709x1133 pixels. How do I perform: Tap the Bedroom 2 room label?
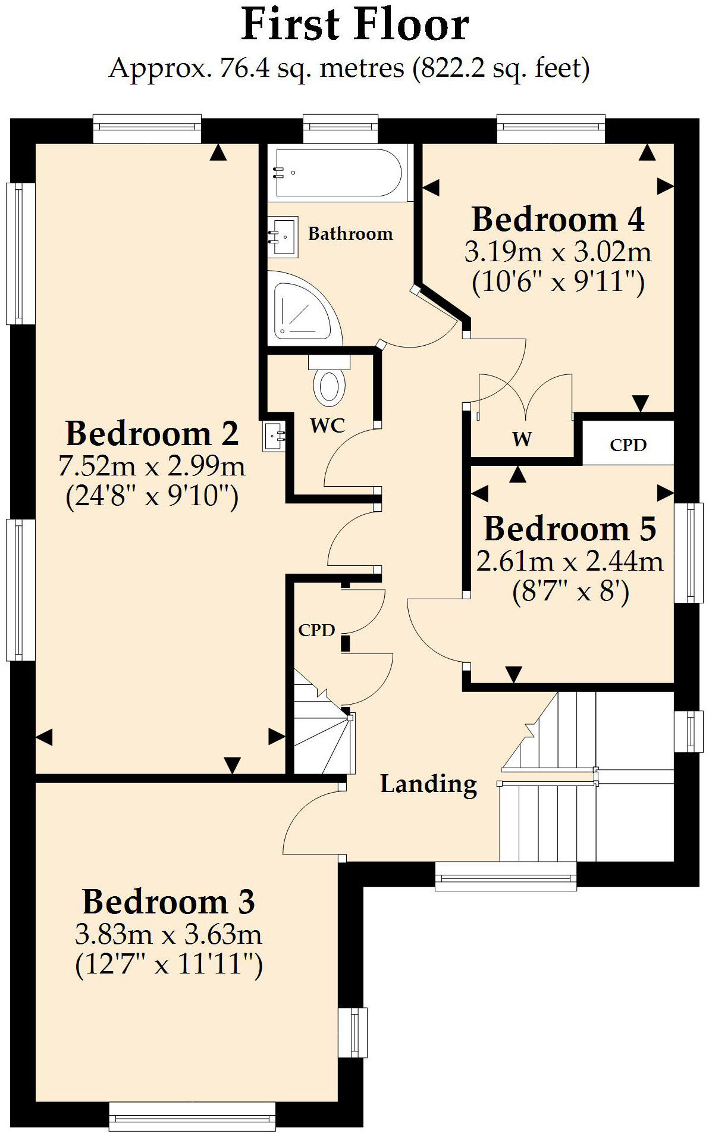152,433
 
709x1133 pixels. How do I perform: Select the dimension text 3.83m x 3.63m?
168,934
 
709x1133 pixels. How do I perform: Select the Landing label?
428,784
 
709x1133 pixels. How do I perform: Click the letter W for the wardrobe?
522,439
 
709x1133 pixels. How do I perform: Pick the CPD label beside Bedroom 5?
628,445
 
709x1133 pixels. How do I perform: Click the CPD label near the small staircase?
316,630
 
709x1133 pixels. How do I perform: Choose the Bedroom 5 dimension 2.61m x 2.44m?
569,561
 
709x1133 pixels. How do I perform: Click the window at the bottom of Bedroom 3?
192,1116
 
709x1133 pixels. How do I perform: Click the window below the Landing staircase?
506,877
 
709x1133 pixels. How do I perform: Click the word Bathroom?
350,233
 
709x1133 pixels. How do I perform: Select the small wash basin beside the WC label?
274,436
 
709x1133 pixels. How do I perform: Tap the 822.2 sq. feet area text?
504,68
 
